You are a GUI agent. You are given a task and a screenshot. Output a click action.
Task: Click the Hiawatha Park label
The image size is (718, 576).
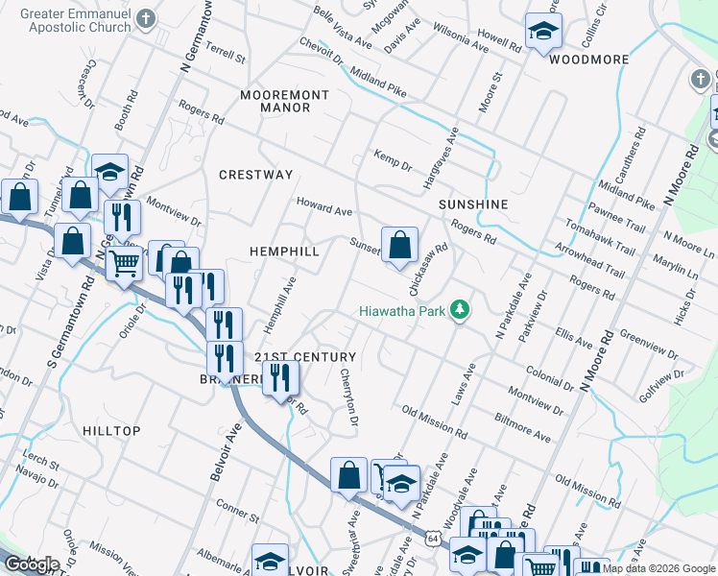403,310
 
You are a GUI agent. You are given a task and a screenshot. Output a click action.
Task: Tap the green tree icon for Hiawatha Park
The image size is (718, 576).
462,309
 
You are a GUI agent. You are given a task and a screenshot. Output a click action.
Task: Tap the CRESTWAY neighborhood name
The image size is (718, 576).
255,175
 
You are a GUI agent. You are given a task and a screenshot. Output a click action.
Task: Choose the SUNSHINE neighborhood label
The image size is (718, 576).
472,205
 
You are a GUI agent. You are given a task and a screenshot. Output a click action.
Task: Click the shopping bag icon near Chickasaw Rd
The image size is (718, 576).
399,245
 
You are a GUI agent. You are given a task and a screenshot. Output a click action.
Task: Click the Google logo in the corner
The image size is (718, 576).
32,564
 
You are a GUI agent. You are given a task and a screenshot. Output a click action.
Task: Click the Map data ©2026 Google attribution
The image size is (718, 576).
658,568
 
